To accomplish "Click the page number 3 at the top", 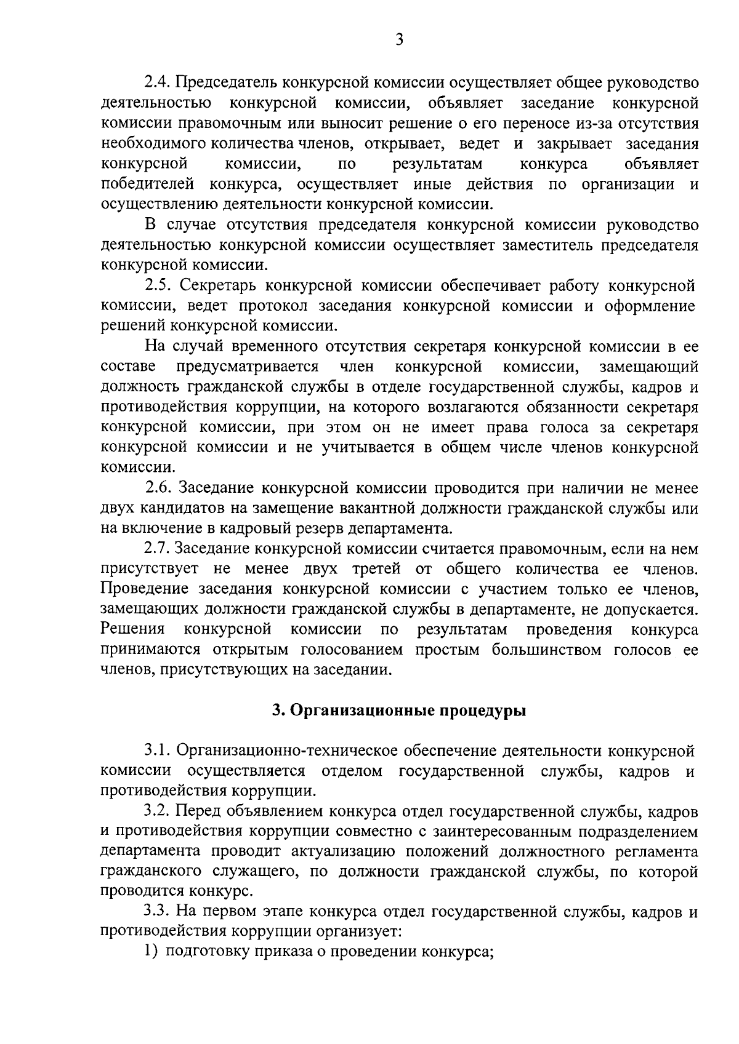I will click(399, 41).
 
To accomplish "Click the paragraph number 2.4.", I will click(158, 82).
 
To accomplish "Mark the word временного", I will click(256, 346).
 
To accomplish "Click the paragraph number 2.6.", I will click(159, 488).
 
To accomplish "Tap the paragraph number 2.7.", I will click(158, 549).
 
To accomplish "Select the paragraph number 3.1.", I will click(158, 751).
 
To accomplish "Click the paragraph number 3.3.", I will click(158, 912).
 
